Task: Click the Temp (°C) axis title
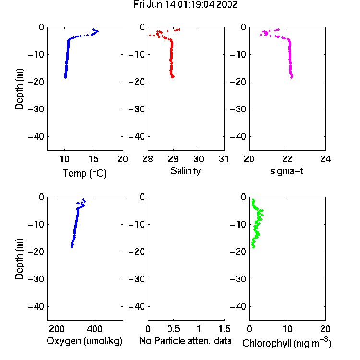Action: pos(84,173)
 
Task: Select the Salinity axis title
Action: pos(185,171)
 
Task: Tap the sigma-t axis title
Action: pos(287,171)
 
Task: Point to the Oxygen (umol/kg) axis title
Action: pos(84,341)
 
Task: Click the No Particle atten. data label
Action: pos(185,341)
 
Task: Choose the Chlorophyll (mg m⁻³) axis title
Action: pos(287,343)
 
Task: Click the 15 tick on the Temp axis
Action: pos(94,159)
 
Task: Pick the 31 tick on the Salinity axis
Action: pos(224,159)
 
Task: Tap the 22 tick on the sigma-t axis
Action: pos(287,159)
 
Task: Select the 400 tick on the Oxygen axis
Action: pos(95,329)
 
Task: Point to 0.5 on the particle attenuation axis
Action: pos(173,329)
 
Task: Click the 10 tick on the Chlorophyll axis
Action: pos(287,329)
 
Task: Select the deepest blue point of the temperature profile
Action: pos(65,77)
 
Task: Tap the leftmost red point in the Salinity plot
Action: pos(150,35)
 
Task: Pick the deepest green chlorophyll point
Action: pos(253,247)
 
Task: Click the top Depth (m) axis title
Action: pos(19,89)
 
